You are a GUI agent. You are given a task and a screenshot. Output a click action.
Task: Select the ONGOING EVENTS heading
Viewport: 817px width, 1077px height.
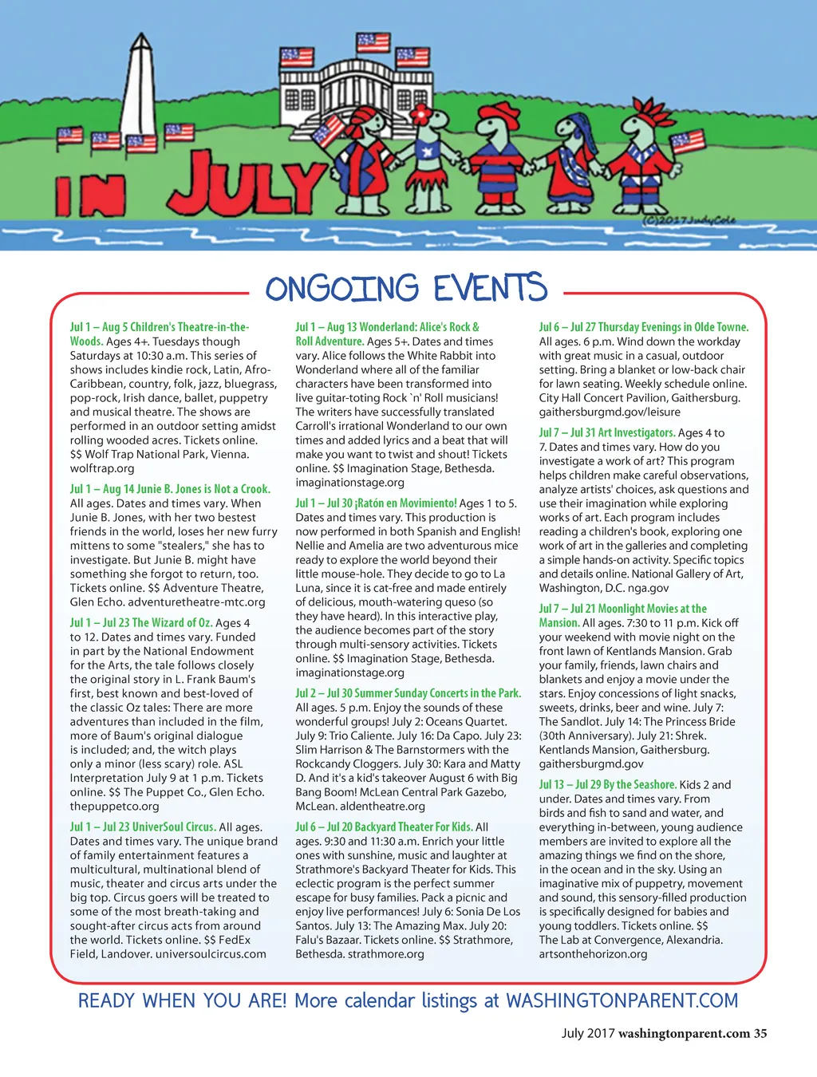tap(406, 289)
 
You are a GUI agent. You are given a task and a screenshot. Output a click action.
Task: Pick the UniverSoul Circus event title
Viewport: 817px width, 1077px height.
tap(174, 827)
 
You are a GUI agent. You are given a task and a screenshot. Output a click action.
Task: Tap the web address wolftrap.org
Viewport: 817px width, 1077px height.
tap(102, 468)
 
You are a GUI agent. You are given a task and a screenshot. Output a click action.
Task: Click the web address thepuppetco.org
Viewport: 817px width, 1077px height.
tap(114, 806)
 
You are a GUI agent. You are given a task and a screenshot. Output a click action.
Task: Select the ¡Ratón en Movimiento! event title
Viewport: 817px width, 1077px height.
tap(409, 503)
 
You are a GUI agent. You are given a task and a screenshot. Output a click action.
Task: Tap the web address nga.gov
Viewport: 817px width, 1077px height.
tap(648, 588)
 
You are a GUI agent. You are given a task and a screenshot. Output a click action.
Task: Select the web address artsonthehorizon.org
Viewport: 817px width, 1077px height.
tap(593, 954)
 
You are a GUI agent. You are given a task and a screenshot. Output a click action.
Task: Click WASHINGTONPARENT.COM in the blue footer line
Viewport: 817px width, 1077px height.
tap(622, 1001)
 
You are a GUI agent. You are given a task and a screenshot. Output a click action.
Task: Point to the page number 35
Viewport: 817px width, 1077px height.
tap(760, 1033)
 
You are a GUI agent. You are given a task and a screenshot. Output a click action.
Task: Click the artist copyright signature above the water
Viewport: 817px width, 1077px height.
tap(689, 220)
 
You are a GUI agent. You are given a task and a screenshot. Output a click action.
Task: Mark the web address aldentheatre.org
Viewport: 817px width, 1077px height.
tap(382, 807)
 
